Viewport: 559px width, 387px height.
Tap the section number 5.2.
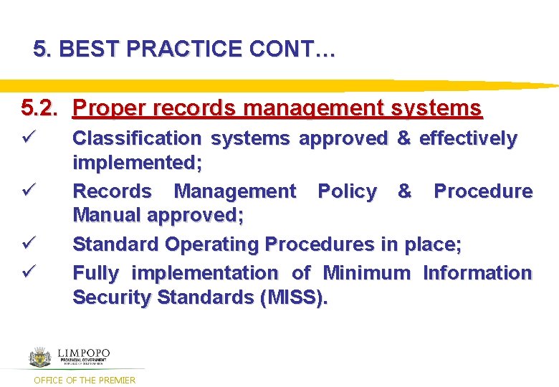coord(37,108)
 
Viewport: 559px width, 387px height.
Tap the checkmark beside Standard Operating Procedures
coord(28,244)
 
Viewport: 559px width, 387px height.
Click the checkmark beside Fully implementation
coord(28,272)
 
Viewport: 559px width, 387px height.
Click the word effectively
coord(467,138)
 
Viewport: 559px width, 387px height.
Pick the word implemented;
coord(137,163)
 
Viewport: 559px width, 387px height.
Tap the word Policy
coord(347,191)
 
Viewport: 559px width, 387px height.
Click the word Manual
coord(107,216)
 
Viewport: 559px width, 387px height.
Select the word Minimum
coord(366,273)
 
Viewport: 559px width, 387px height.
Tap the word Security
coord(112,297)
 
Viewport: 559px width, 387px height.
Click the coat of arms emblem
coord(40,356)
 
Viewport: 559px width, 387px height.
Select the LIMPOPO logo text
coord(83,353)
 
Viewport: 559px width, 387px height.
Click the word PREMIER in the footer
coord(116,380)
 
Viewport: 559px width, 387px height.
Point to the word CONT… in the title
coord(292,49)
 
